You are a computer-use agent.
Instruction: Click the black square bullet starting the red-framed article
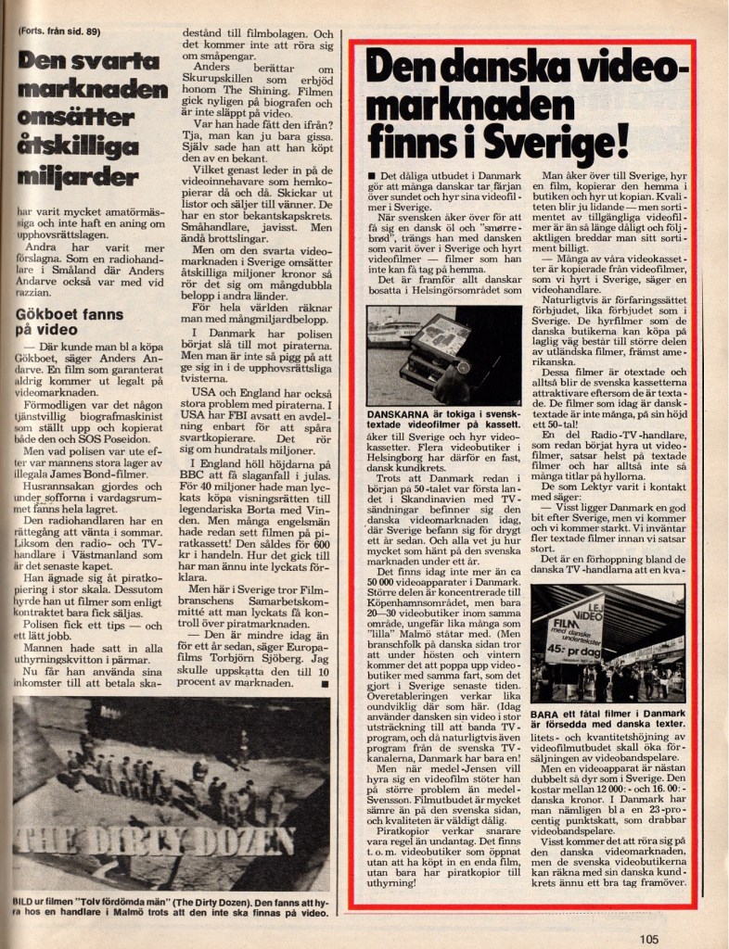[x=371, y=176]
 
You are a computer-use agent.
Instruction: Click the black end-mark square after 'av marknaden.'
[x=325, y=684]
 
